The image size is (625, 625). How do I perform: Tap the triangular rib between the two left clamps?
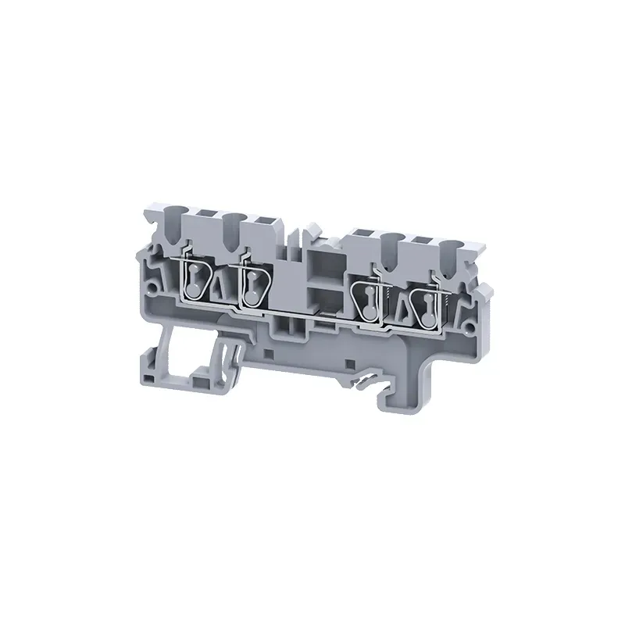coord(221,289)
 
